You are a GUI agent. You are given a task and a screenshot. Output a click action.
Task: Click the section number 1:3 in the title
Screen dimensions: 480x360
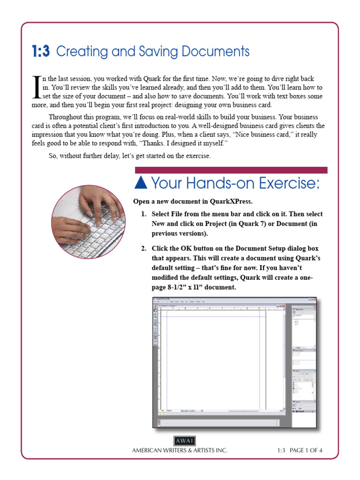[x=41, y=51]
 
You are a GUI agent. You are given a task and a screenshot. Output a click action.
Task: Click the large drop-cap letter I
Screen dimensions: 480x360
[x=34, y=87]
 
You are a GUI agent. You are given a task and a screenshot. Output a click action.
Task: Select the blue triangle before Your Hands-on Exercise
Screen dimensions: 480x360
[x=142, y=183]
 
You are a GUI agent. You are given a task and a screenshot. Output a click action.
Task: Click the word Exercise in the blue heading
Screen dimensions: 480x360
[x=288, y=184]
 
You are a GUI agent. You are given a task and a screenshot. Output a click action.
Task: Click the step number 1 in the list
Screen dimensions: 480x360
[x=144, y=214]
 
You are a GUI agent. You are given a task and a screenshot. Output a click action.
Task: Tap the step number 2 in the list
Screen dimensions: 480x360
[x=144, y=248]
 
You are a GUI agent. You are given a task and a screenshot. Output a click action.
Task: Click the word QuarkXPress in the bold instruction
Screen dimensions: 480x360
[x=231, y=202]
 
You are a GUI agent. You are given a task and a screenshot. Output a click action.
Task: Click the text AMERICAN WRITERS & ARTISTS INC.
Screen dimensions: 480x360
[x=180, y=450]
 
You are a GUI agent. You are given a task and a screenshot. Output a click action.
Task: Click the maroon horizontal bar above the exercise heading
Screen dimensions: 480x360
[x=231, y=170]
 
